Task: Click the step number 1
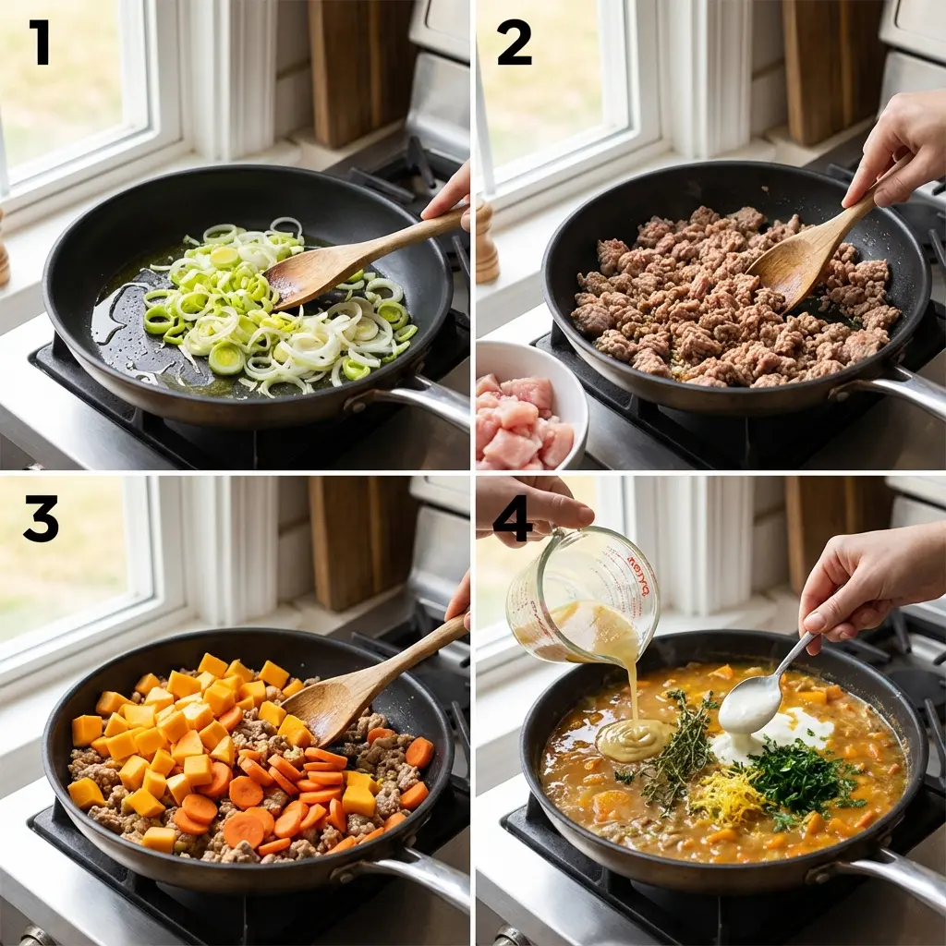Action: pos(38,42)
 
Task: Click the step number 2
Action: pos(515,42)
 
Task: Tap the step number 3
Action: pos(41,518)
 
